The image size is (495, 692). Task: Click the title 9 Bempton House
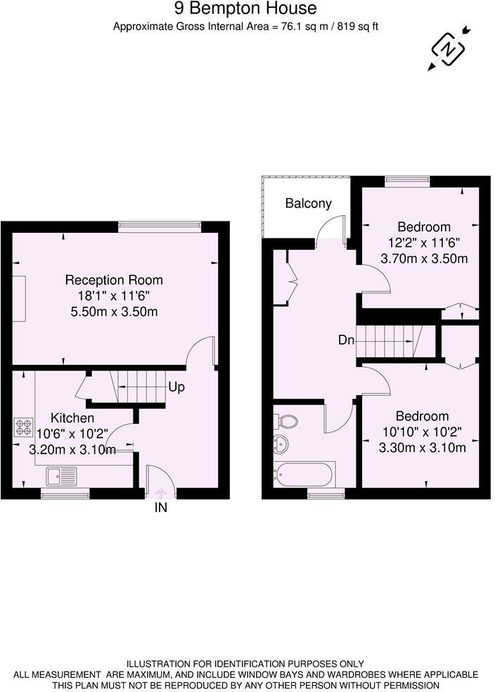[x=245, y=9]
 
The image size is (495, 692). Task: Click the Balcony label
[x=308, y=204]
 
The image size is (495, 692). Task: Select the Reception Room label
[x=114, y=280]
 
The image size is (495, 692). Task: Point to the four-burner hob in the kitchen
[x=23, y=428]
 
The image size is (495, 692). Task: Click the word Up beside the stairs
[x=176, y=387]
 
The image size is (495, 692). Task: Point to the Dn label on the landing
[x=346, y=340]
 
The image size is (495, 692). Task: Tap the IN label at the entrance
[x=161, y=508]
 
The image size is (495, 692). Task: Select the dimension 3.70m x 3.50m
[x=424, y=258]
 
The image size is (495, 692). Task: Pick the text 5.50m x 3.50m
[x=114, y=310]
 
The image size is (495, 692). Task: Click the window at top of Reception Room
[x=160, y=226]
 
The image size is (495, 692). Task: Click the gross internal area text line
[x=245, y=27]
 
